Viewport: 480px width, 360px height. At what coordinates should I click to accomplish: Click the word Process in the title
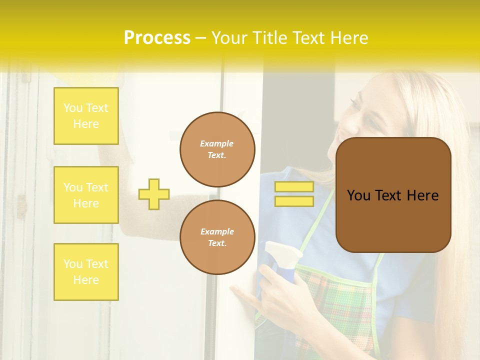157,37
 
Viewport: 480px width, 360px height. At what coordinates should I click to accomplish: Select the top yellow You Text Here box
86,116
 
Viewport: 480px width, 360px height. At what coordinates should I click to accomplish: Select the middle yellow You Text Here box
86,195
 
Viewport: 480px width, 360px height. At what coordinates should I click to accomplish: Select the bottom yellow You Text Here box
86,271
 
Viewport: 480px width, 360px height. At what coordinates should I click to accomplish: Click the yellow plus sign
154,194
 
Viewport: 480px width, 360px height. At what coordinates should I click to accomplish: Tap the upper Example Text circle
217,149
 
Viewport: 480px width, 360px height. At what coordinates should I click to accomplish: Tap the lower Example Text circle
217,237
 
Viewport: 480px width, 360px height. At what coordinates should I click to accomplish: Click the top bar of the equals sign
294,186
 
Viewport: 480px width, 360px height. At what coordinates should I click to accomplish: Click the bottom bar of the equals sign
294,201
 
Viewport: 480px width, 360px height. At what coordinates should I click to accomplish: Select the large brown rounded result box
393,195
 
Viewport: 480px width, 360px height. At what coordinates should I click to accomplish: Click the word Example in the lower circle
217,231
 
